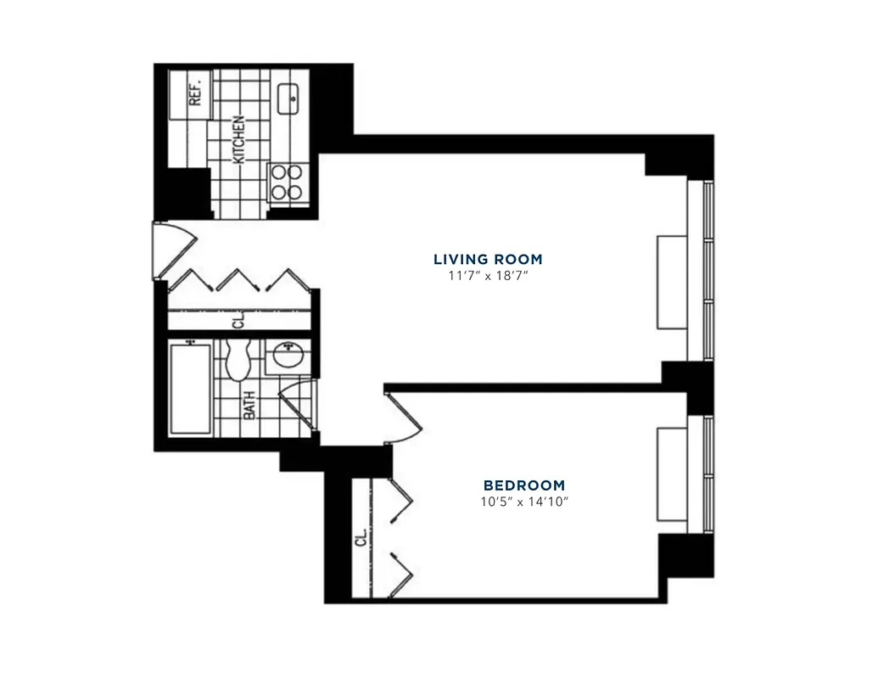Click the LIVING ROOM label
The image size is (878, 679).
tap(488, 259)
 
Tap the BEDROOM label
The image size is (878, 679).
tap(523, 485)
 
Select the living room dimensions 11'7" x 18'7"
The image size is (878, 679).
tap(488, 276)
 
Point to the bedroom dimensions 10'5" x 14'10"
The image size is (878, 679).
tap(523, 502)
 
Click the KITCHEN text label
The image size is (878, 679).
tap(239, 139)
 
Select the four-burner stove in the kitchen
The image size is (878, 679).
tap(286, 181)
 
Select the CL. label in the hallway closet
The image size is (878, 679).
tap(238, 321)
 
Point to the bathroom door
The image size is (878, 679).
tap(296, 405)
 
